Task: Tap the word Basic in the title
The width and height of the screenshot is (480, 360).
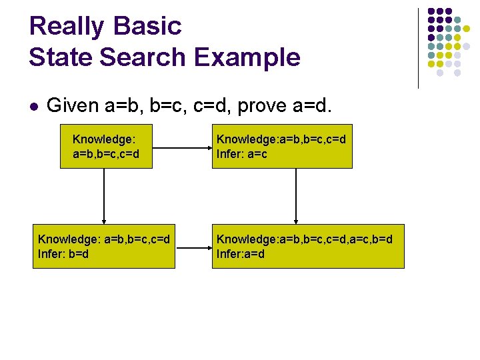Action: coord(147,27)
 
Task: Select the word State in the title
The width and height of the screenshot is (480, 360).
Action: coord(58,57)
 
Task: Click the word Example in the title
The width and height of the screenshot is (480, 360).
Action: coord(247,57)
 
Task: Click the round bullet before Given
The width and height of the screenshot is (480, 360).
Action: coord(34,106)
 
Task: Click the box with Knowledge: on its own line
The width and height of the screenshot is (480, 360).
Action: coord(103,146)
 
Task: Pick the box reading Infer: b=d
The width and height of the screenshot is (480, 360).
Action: coord(104,246)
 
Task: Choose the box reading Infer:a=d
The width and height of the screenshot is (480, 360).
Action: coord(308,246)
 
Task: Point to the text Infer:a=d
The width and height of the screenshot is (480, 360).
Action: coord(241,254)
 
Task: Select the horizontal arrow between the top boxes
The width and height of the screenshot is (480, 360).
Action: coord(179,146)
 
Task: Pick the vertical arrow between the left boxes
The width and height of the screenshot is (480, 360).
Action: coord(104,196)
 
